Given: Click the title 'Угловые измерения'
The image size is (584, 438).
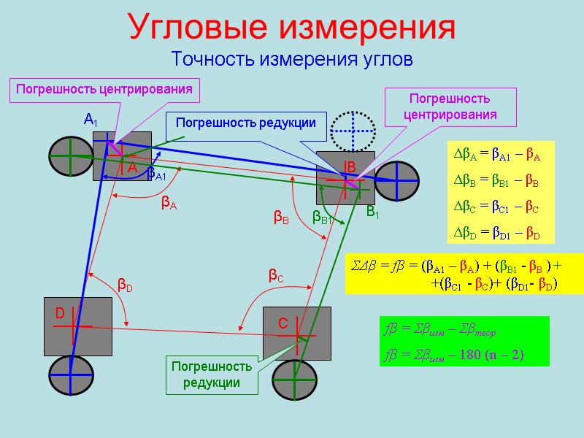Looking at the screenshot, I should (x=292, y=27).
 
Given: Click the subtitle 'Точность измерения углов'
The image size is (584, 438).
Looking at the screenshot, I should (x=292, y=58).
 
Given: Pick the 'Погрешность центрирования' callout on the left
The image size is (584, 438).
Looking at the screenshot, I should (x=104, y=90).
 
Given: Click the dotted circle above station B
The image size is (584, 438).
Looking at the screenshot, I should (x=353, y=132).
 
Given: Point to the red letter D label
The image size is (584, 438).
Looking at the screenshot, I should (x=61, y=313).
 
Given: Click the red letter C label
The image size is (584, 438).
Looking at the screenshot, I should (x=283, y=323).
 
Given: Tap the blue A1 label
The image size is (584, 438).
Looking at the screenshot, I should (x=91, y=119).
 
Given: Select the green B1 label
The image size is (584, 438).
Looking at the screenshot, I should (x=372, y=212).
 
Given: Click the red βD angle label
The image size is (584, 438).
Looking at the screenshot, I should (x=125, y=286).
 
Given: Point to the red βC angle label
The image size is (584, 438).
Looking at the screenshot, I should (x=275, y=276).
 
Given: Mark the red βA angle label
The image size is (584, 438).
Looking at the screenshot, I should (x=169, y=205).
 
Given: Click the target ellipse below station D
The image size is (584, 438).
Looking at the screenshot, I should (x=72, y=376).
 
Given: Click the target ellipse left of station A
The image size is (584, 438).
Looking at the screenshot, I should (x=71, y=155).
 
